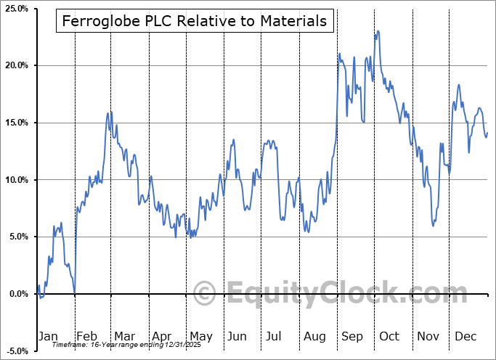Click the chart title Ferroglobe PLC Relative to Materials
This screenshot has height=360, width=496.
click(x=195, y=21)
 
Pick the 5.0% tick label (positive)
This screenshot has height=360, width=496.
click(x=18, y=237)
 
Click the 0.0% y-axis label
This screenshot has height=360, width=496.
click(x=18, y=294)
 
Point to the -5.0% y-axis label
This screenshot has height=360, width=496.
click(x=17, y=351)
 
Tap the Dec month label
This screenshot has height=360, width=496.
click(x=465, y=336)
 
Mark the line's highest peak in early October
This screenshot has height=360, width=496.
click(x=378, y=31)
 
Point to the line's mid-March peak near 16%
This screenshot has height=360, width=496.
click(x=109, y=112)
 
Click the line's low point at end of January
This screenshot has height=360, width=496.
click(x=75, y=292)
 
